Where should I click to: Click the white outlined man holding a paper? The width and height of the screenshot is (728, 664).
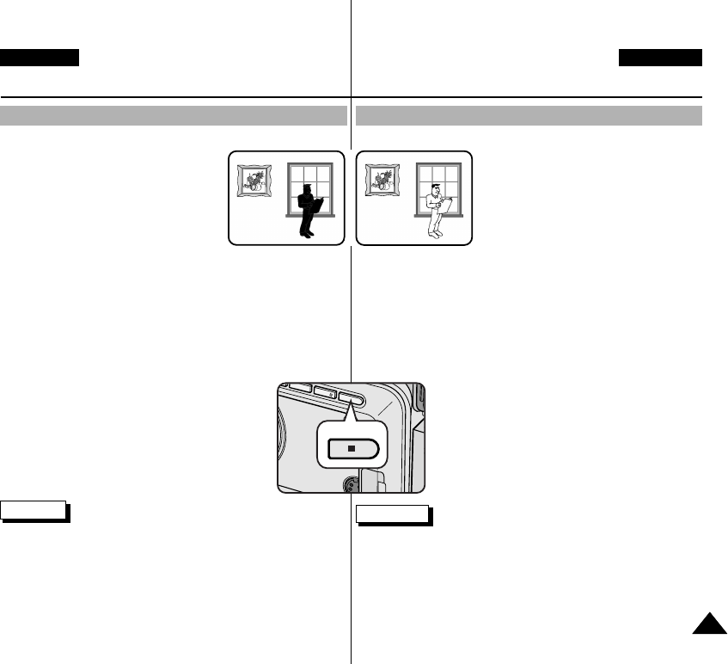click(x=436, y=210)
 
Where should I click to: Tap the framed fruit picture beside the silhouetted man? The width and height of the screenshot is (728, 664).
click(x=254, y=181)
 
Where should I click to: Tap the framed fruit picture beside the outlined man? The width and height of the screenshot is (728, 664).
click(x=382, y=181)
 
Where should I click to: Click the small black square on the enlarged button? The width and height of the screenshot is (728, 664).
click(x=351, y=448)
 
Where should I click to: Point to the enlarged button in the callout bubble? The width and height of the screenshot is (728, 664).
click(x=351, y=448)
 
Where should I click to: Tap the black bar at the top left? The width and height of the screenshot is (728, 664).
click(x=40, y=58)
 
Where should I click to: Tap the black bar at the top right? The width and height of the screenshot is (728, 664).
click(x=660, y=58)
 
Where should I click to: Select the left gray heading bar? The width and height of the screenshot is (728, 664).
click(x=173, y=115)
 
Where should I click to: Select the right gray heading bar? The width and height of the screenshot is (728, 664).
click(x=529, y=115)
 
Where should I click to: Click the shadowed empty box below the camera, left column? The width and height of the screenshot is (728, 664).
click(x=34, y=510)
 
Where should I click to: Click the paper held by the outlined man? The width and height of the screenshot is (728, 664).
click(x=446, y=204)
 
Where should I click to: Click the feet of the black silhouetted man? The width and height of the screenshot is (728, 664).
click(x=307, y=233)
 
